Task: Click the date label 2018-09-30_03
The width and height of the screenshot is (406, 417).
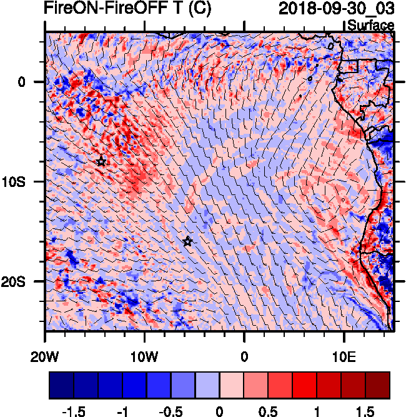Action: (336, 9)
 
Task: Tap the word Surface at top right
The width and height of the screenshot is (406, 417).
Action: (371, 25)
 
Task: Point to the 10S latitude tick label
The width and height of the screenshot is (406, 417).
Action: (24, 181)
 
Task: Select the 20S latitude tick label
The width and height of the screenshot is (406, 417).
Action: (24, 281)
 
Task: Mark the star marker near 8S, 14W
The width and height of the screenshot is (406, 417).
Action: (101, 161)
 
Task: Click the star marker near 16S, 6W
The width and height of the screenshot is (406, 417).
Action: (187, 241)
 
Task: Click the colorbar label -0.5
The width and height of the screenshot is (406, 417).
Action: (171, 410)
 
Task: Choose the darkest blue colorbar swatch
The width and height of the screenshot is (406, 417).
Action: (61, 386)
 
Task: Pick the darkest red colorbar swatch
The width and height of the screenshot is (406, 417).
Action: (378, 386)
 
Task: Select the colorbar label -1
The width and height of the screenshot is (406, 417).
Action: (122, 410)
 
